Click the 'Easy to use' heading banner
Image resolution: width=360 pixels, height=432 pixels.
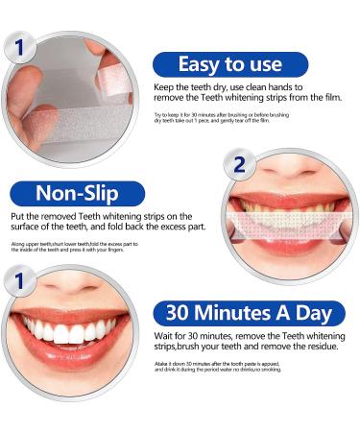click(230, 65)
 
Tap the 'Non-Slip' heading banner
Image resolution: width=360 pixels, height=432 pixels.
click(78, 194)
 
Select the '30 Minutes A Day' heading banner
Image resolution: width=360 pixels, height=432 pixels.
click(249, 313)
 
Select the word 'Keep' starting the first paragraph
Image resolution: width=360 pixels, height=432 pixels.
click(164, 87)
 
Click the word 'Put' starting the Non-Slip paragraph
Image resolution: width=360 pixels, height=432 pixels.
click(19, 218)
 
